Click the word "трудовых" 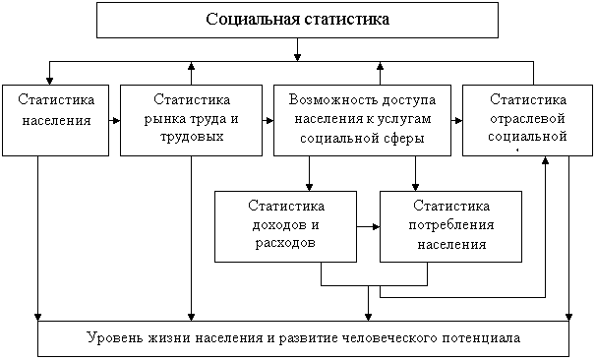click(192, 137)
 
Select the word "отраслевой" click(527, 119)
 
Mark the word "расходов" click(285, 243)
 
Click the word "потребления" click(451, 225)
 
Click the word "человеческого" click(388, 338)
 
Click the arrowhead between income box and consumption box click(377, 227)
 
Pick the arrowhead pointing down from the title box click(298, 57)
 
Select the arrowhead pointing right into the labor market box click(117, 121)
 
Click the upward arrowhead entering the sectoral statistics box click(545, 160)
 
